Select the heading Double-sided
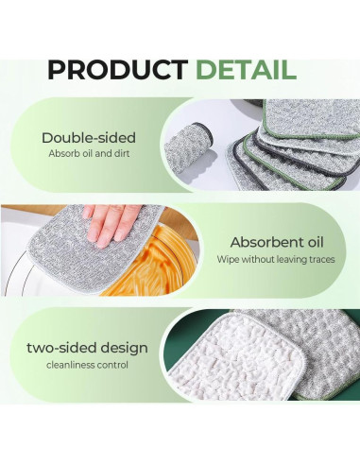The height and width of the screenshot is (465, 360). coord(89,137)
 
